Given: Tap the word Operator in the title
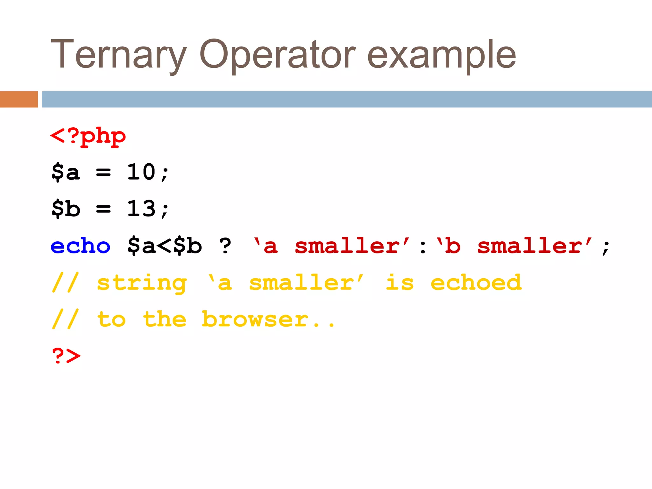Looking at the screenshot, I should pos(277,55).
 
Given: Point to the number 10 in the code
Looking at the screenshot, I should pos(141,172).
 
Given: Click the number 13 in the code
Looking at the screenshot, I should pos(141,209).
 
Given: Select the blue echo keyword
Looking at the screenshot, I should pos(81,246).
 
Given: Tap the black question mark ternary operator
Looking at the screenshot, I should pos(225,246).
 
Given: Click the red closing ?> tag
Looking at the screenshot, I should pos(66,356).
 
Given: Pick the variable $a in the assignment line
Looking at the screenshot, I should pos(66,172).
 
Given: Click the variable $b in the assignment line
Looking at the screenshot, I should pos(66,209).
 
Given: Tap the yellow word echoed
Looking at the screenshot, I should pos(476,282).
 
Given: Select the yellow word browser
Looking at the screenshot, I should pos(255,319).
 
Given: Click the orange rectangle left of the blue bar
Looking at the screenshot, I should pos(19,99).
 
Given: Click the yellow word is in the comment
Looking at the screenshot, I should pos(400,282).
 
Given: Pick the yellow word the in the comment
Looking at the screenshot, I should pos(165,319).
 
